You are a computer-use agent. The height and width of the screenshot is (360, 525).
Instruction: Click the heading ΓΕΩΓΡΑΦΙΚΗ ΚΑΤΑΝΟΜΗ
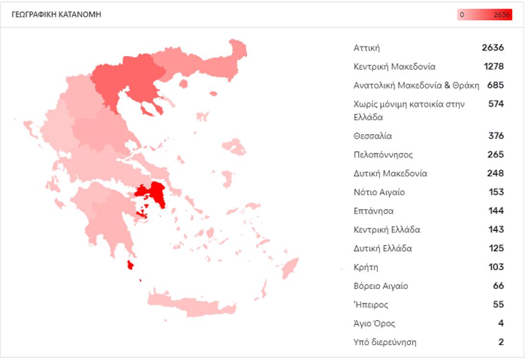[x=56, y=14]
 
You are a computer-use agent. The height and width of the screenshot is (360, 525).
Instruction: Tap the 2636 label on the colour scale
[x=501, y=15]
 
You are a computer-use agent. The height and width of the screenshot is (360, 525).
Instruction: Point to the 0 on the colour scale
[x=462, y=15]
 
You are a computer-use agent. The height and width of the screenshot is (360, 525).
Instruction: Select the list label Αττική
[x=367, y=48]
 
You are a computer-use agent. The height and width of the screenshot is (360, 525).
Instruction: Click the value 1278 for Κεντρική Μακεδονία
[x=494, y=66]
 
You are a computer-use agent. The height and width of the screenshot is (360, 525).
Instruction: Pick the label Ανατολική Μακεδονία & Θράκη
[x=416, y=85]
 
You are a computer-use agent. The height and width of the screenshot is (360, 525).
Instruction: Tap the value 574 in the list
[x=496, y=104]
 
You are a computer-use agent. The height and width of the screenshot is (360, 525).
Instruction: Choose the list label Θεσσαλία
[x=373, y=136]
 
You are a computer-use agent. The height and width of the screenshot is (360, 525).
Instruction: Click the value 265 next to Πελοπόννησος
[x=496, y=154]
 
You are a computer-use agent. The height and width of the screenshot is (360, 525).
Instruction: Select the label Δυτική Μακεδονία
[x=390, y=173]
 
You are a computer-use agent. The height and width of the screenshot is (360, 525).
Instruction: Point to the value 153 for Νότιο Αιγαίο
[x=496, y=192]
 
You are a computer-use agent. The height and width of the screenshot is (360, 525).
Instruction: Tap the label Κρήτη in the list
[x=366, y=267]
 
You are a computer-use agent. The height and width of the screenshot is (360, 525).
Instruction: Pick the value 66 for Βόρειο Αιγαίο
[x=498, y=286]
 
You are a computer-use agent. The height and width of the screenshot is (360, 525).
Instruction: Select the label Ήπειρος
[x=371, y=305]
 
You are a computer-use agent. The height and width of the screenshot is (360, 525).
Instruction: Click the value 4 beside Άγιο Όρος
[x=501, y=323]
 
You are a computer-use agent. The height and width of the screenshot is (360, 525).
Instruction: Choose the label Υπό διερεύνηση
[x=385, y=342]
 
